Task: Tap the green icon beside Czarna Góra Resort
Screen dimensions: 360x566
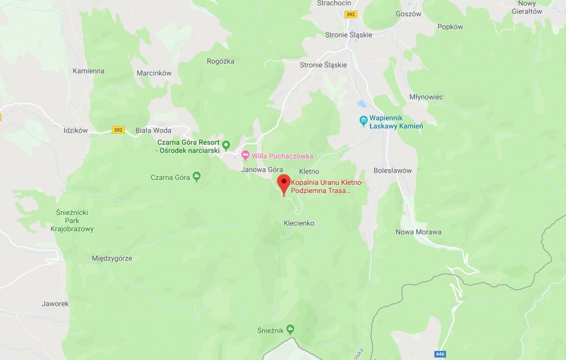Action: tap(226, 145)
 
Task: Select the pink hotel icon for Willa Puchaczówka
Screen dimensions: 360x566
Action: tap(246, 155)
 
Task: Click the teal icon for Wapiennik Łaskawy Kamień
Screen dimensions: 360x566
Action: tap(363, 120)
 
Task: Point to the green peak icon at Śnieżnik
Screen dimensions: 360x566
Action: tap(290, 330)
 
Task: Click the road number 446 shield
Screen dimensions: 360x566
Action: tap(440, 354)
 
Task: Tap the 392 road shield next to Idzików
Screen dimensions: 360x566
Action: tap(118, 130)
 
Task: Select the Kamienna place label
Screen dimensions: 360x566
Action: tap(88, 71)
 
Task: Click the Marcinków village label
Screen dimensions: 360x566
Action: tap(154, 73)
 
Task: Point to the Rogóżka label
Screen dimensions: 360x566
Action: tap(221, 61)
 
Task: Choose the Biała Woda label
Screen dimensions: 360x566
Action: tap(154, 131)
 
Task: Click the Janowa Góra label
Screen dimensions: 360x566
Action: tap(262, 170)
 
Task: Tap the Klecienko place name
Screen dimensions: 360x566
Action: tap(299, 223)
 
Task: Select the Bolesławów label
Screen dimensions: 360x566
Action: tap(392, 170)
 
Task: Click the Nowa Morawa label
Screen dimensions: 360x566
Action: tap(418, 232)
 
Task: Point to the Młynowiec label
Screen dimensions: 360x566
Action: tap(426, 97)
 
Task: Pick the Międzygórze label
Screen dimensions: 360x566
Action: tap(112, 258)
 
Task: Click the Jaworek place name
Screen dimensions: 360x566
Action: tap(55, 304)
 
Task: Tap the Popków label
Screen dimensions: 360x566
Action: tap(450, 27)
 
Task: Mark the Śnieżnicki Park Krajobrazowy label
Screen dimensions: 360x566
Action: tap(72, 220)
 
